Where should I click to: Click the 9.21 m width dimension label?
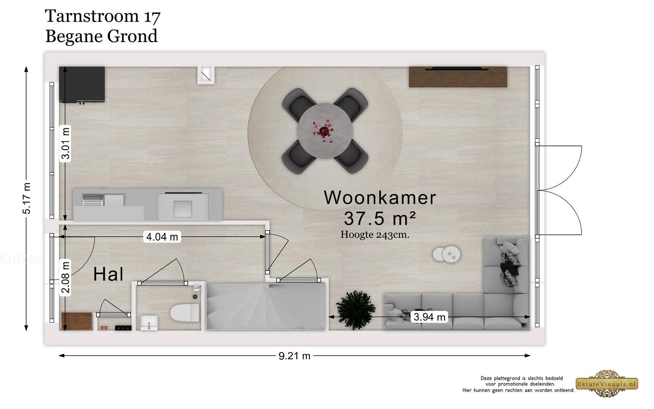(x=294, y=356)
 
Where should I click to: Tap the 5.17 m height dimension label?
(x=27, y=198)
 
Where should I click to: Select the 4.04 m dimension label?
(x=162, y=237)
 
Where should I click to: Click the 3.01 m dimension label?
(x=65, y=143)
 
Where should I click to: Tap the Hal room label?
(x=108, y=274)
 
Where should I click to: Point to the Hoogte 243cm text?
(x=375, y=235)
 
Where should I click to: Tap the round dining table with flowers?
(x=325, y=131)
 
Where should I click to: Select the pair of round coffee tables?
(x=446, y=254)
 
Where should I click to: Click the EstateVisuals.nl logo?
(x=607, y=384)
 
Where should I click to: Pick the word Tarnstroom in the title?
(x=92, y=16)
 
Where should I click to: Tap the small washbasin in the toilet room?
(x=149, y=323)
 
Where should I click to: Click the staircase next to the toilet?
(x=265, y=306)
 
